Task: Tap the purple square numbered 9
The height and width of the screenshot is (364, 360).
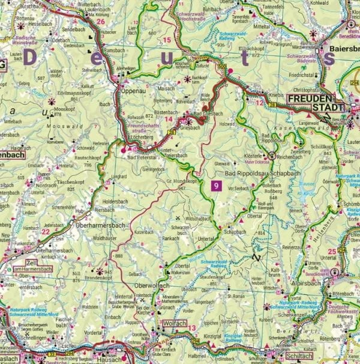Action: tap(215, 187)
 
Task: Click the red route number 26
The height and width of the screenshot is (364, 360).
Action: tap(101, 22)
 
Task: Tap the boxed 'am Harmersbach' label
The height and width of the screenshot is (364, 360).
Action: tap(37, 270)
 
